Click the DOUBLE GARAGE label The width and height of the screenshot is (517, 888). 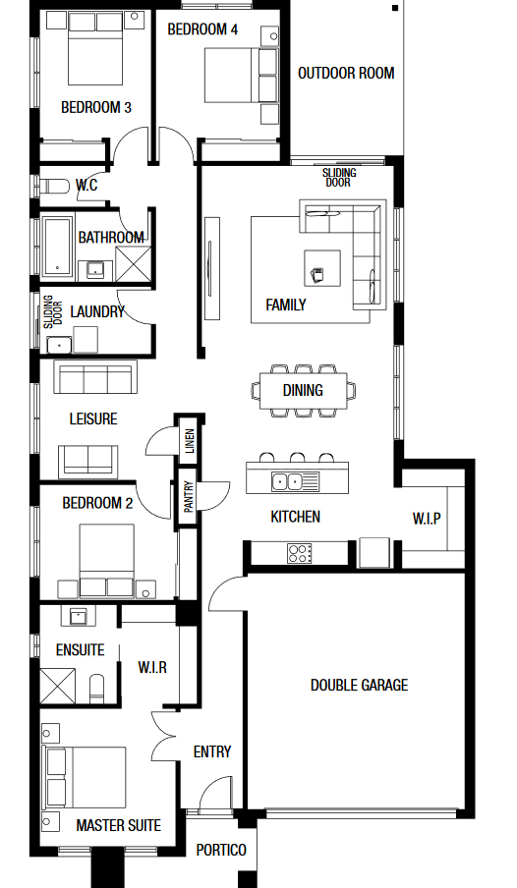coord(359,686)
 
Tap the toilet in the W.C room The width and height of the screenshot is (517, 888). coord(53,186)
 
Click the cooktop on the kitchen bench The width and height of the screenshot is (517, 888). coord(300,553)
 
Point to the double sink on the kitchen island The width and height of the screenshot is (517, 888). coord(287,482)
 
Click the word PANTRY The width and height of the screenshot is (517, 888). coord(188,497)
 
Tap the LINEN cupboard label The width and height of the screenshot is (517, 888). coord(190,441)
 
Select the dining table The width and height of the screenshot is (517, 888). coord(304,390)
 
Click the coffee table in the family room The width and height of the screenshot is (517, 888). coord(322,268)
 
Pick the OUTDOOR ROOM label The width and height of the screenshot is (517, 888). coord(346,73)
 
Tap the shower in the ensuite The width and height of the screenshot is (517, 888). coord(57,686)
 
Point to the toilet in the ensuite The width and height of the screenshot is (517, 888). coord(97,688)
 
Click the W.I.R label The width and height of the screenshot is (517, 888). coord(152,668)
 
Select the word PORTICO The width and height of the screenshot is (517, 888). coord(221,850)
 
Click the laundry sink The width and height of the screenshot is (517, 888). coord(59,345)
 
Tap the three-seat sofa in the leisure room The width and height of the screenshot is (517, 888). coord(95,376)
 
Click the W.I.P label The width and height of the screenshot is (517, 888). coord(427,519)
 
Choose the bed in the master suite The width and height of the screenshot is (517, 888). coord(86,777)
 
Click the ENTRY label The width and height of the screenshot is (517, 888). coord(212,752)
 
